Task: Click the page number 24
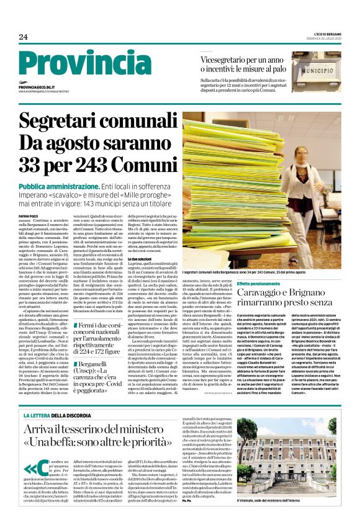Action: [24, 37]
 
